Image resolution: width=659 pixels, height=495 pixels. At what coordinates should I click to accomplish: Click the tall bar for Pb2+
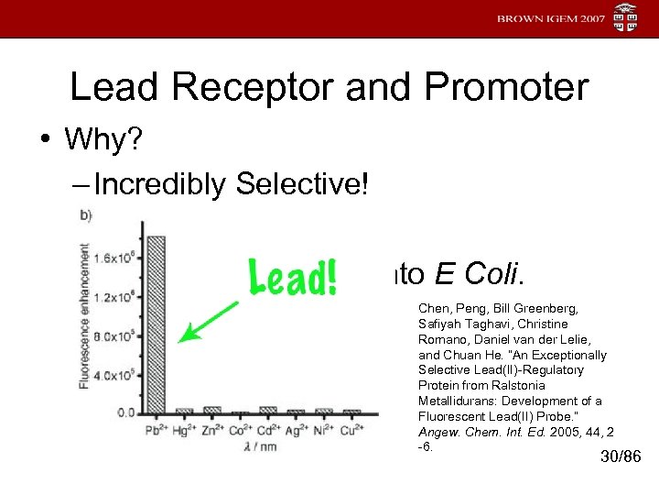coord(156,325)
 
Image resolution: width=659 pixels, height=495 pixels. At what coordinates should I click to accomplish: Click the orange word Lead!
coord(294,276)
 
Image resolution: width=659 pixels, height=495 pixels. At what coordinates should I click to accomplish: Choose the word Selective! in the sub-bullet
coord(301,184)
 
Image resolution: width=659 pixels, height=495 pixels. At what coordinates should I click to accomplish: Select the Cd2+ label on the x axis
coord(268,430)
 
